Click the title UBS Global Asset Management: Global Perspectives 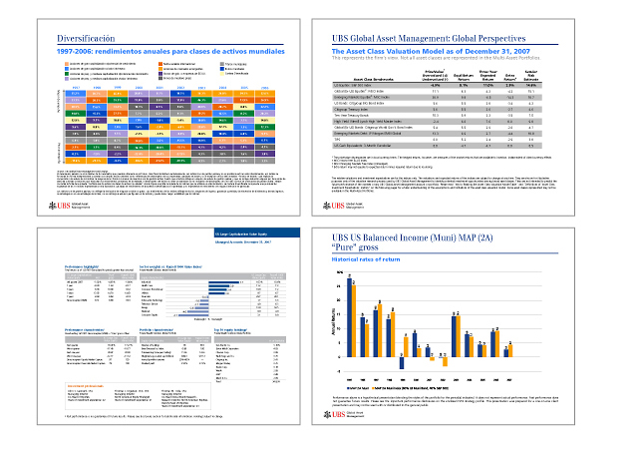[460, 39]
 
